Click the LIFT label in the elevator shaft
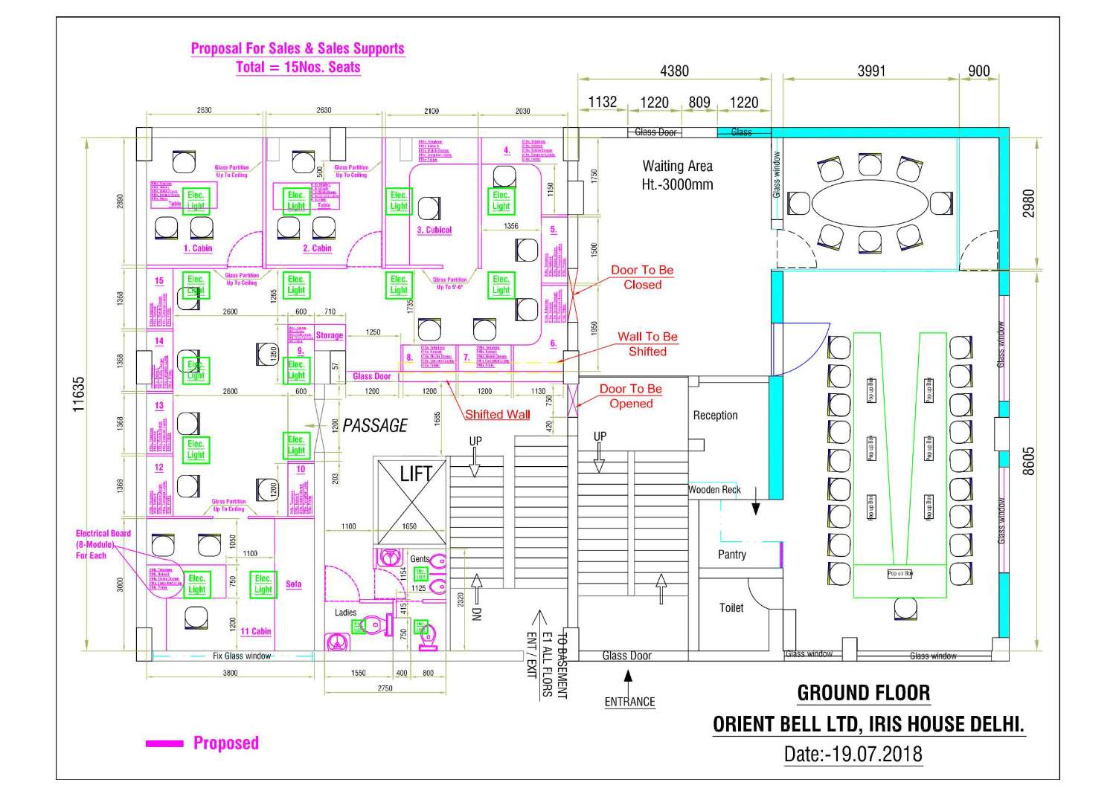(415, 474)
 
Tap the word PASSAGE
(375, 425)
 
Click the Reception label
(715, 416)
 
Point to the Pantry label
(731, 555)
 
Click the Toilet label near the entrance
(731, 608)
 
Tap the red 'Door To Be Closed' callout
(642, 277)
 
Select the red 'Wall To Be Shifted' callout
(647, 344)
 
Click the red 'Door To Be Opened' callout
(631, 396)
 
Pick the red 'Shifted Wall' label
(497, 415)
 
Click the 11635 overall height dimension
(79, 394)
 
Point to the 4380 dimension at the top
(674, 71)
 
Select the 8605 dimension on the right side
(1028, 461)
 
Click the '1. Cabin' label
(197, 248)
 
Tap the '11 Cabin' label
(255, 631)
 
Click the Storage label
(329, 335)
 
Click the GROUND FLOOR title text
(863, 693)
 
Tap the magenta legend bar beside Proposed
(164, 743)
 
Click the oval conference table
(869, 202)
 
